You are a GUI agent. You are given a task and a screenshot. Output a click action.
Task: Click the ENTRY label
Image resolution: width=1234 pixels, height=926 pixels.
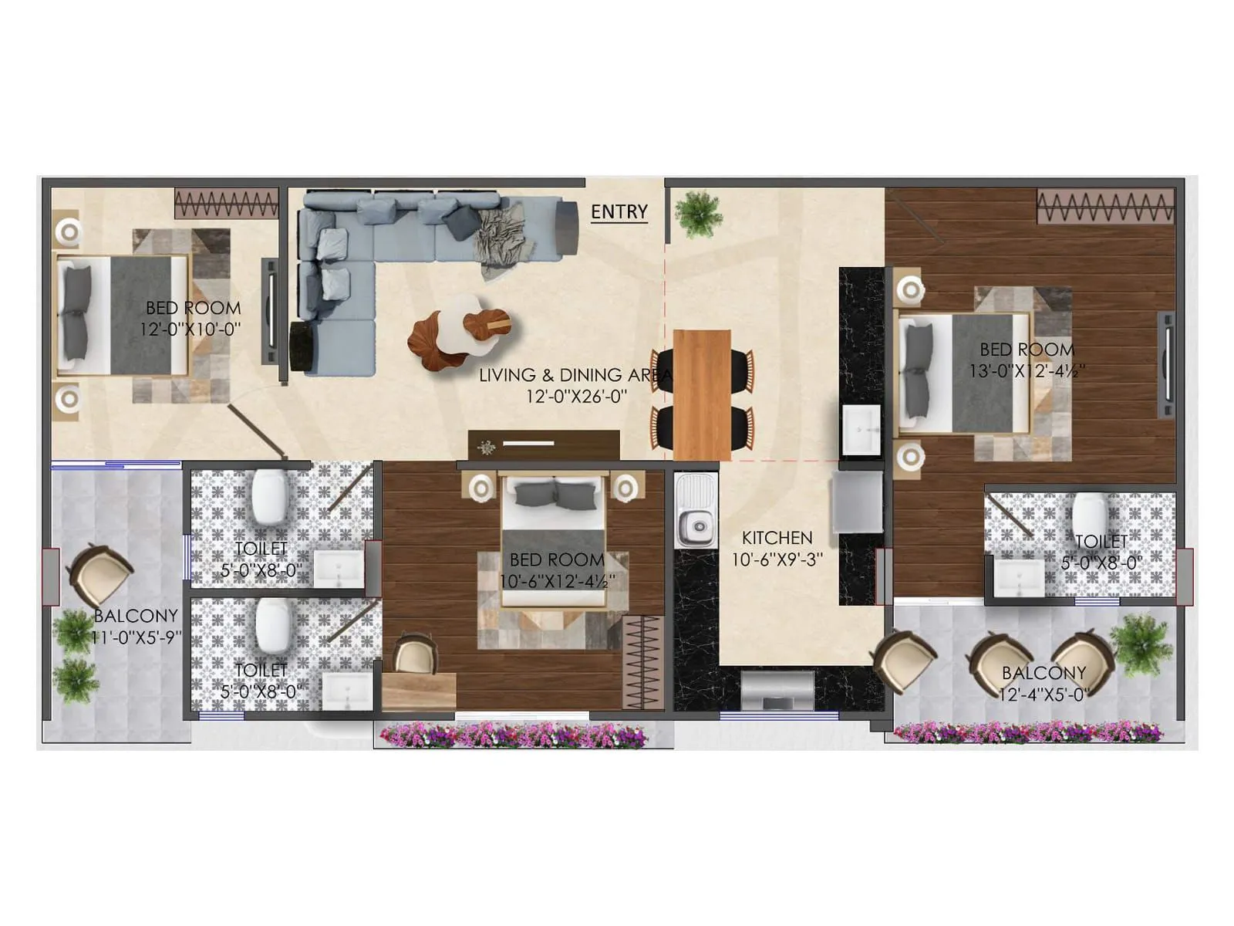619,211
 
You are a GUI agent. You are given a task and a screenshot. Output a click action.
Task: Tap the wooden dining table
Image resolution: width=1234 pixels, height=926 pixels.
701,394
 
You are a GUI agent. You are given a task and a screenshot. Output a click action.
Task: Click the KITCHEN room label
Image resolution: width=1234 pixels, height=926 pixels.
777,538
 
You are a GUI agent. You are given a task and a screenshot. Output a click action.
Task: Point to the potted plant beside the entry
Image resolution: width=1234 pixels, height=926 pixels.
697,213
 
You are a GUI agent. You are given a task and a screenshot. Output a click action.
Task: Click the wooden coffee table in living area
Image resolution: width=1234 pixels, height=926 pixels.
460,333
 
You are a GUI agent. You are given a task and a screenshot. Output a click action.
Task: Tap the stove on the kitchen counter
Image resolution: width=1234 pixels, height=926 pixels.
777,689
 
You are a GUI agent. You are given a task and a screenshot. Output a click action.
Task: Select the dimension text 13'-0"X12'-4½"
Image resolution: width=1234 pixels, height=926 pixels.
1027,371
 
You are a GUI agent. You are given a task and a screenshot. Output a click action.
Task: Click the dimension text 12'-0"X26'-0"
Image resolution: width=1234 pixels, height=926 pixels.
576,397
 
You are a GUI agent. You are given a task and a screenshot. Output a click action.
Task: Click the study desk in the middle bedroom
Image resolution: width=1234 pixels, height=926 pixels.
418,690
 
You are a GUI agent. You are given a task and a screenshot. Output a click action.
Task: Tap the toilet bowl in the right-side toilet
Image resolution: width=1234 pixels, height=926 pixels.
1089,515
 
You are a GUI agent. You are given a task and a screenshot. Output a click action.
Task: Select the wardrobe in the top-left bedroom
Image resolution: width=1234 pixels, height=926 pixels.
226,204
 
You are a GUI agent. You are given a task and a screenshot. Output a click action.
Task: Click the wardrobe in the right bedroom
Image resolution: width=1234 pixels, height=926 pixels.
1104,207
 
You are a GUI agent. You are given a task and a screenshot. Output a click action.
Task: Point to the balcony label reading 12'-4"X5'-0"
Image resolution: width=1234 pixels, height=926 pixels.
1043,694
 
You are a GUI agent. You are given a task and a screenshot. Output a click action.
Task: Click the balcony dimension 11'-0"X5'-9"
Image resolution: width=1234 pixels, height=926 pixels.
136,637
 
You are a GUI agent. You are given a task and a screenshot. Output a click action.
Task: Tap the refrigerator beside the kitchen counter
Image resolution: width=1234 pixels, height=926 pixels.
857,501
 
